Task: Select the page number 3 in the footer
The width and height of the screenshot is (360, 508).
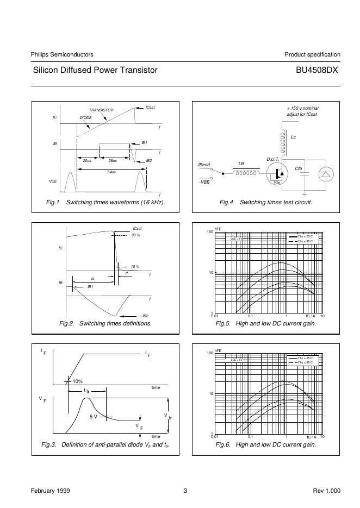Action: coord(185,491)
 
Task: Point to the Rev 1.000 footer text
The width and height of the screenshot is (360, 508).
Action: coord(326,491)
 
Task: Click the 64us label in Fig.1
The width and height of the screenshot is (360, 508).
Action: coord(111,172)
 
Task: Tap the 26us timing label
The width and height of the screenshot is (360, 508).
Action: coord(113,161)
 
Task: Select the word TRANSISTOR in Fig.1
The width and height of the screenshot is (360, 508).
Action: coord(101,110)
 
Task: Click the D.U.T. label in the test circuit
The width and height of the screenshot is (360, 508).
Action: coord(272,159)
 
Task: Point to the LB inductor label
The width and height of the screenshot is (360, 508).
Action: coord(241,163)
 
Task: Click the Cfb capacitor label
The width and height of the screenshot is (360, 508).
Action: coord(299,168)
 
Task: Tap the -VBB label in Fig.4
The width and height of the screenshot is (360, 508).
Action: coord(203,182)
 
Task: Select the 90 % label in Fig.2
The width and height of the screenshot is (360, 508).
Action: coord(135,235)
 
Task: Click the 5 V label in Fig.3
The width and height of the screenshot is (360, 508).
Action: coord(94,416)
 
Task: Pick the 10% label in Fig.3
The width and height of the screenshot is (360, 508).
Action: coord(77,381)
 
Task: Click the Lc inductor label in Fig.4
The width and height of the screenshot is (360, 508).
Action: coord(293,137)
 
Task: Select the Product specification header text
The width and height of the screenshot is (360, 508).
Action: coord(312,54)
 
